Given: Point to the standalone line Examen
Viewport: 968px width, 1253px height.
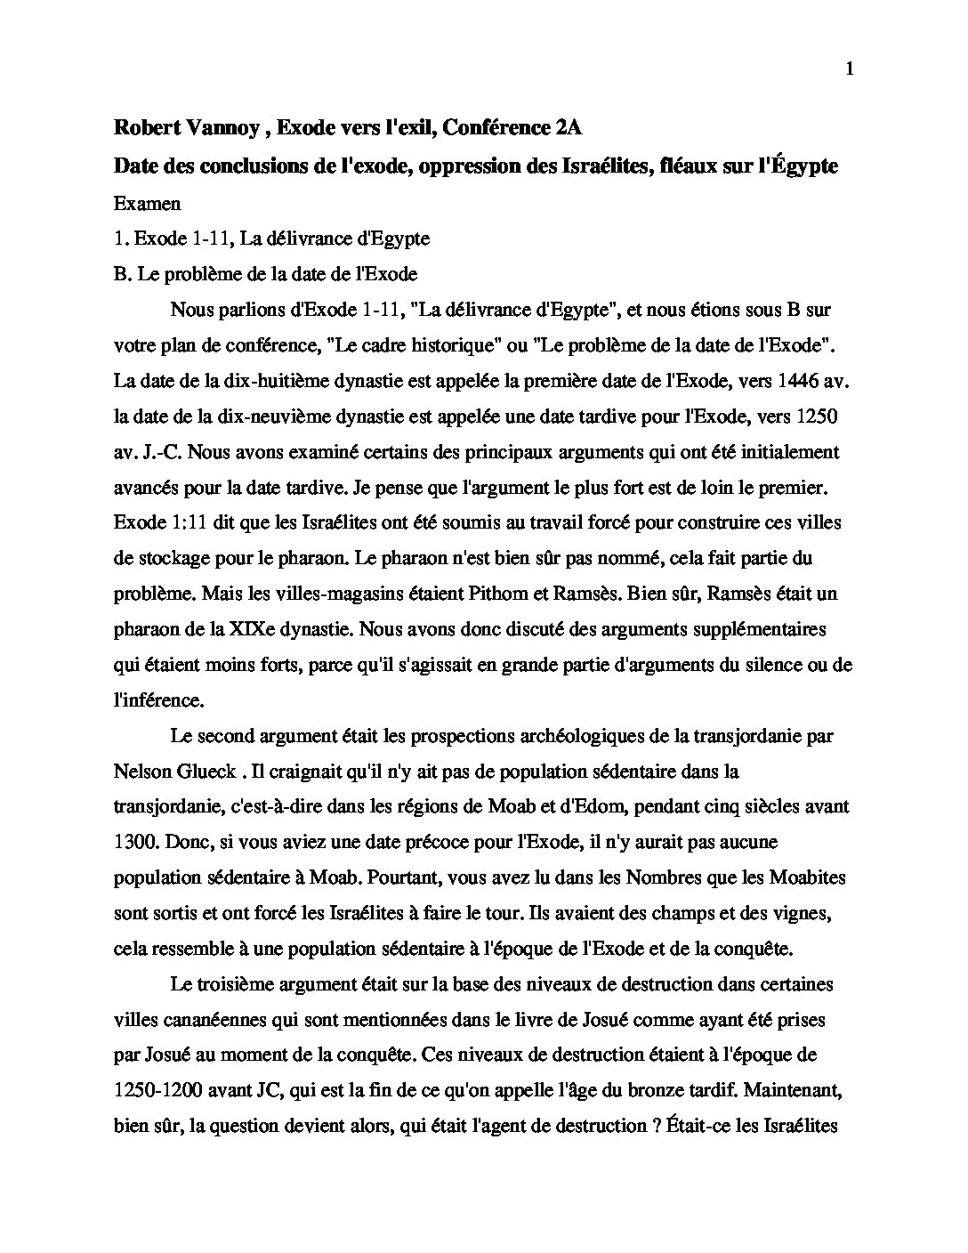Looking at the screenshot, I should point(147,203).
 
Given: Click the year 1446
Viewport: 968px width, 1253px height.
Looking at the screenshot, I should point(799,381).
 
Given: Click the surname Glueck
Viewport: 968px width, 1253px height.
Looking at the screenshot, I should point(195,771).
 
